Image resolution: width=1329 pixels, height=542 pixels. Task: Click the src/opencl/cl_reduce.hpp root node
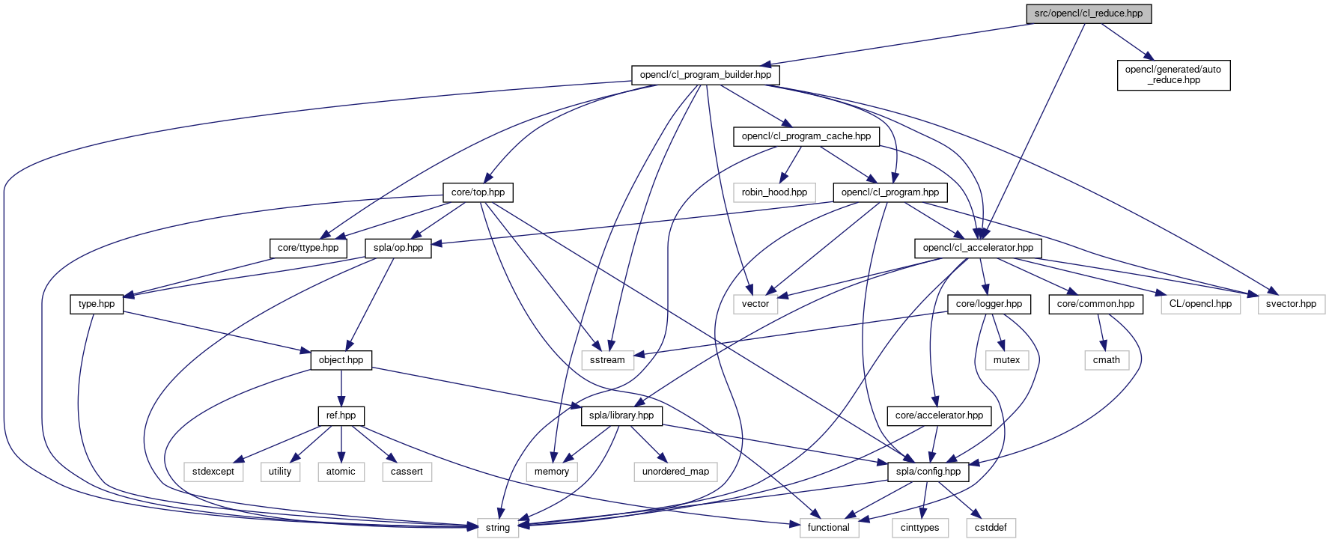(x=1088, y=13)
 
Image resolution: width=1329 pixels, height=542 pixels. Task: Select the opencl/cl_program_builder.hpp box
(x=705, y=75)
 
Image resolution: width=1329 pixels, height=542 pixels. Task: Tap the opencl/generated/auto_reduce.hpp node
(x=1173, y=75)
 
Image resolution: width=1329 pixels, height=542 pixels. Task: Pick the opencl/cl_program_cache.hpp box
(x=806, y=136)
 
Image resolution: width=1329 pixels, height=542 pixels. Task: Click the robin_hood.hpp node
(x=774, y=192)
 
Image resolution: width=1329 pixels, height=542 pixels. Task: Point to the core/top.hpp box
(x=478, y=192)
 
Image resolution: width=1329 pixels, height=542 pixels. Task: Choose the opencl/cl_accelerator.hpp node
(x=978, y=248)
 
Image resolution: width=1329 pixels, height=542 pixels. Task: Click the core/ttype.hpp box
(x=308, y=248)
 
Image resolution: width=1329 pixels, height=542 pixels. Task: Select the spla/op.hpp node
(x=398, y=248)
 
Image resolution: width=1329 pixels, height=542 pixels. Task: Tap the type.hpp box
(x=97, y=304)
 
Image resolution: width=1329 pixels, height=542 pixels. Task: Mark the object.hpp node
(x=341, y=360)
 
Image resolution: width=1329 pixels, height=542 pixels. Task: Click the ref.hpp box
(x=341, y=415)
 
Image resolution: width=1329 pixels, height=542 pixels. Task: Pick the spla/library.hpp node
(x=621, y=415)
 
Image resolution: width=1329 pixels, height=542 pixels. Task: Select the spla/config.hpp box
(x=928, y=472)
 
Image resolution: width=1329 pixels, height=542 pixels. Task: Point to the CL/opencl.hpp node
(x=1200, y=304)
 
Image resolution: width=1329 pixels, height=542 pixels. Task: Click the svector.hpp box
(x=1291, y=304)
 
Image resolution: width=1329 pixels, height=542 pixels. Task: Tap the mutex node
(x=1006, y=360)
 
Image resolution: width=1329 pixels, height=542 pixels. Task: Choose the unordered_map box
(x=675, y=472)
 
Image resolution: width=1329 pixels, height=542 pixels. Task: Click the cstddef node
(x=991, y=528)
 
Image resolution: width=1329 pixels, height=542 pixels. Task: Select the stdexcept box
(x=213, y=472)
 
